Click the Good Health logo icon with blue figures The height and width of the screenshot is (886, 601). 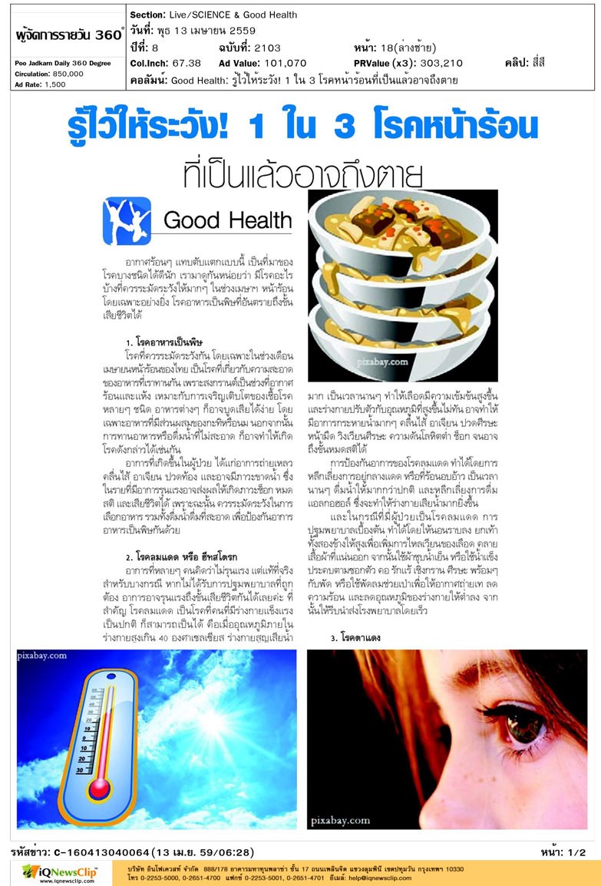pos(127,221)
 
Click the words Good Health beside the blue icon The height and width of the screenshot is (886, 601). pos(228,221)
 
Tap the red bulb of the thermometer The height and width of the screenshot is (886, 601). pos(100,788)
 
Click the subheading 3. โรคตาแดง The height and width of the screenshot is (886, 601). pos(355,637)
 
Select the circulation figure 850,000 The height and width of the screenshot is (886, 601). pos(67,74)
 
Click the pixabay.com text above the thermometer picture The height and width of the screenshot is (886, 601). pos(42,658)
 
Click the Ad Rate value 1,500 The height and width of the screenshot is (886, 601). pos(54,84)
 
